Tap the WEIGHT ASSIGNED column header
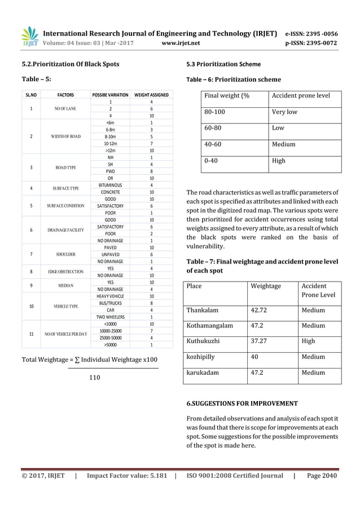click(x=151, y=95)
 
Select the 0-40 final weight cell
click(x=211, y=160)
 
